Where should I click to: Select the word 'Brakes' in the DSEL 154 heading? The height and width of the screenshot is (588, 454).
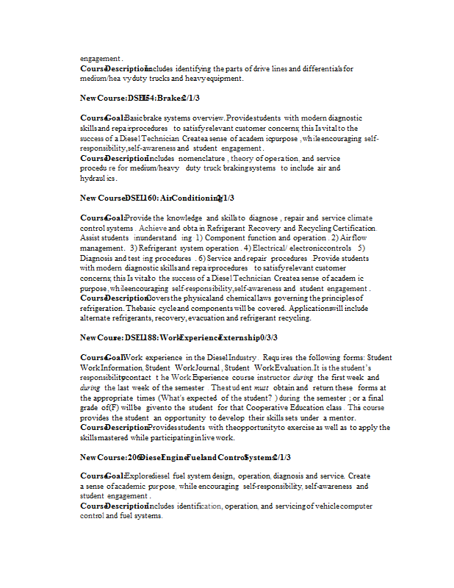tap(169, 98)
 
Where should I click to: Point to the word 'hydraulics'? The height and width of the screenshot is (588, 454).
tap(98, 178)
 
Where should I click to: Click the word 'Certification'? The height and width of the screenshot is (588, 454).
tap(349, 229)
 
